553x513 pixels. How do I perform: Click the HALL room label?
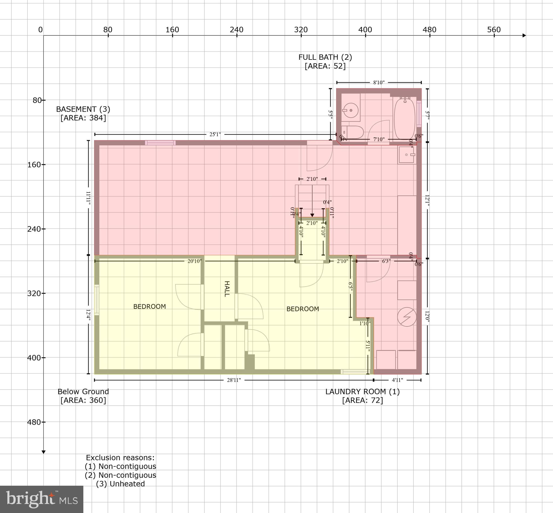pos(227,289)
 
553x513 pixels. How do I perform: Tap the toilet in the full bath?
pos(352,132)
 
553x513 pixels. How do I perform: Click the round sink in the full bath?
pos(350,111)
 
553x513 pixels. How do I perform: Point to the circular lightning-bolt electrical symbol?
pos(407,317)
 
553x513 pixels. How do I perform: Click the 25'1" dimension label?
pos(215,135)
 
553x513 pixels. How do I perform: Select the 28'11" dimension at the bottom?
pos(234,380)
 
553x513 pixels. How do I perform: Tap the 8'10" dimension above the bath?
pos(379,82)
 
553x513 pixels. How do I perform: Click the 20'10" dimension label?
pos(194,261)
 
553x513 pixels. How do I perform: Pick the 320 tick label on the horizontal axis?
pos(301,30)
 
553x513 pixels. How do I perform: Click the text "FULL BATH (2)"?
pos(325,57)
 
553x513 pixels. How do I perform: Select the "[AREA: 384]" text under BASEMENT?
pos(83,118)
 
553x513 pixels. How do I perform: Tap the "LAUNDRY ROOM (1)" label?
pos(362,392)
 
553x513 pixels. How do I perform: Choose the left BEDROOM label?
pos(150,307)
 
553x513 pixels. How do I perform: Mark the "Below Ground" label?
pos(83,392)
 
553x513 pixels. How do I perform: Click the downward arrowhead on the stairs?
pos(312,215)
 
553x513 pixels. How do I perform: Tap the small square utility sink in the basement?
pos(407,155)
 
